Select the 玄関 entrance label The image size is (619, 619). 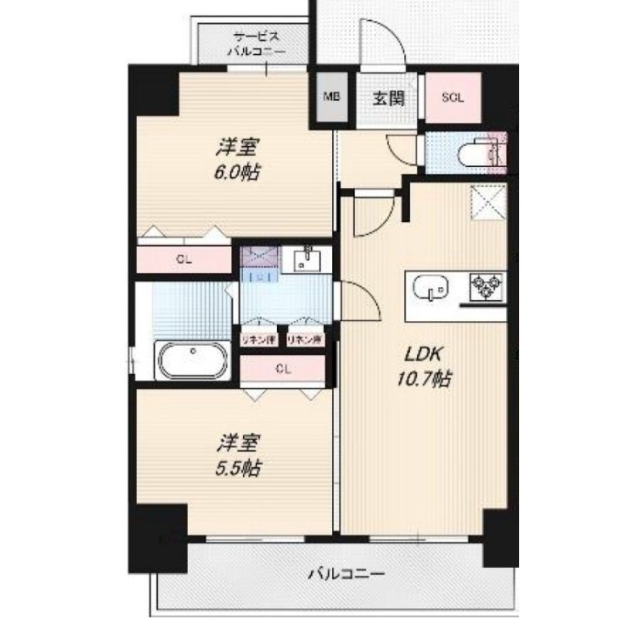pos(386,98)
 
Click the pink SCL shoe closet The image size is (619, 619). pos(453,97)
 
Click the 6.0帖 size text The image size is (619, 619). pos(237,173)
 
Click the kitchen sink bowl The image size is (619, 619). pos(429,288)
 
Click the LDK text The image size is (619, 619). pos(423,355)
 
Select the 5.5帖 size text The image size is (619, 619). pos(237,467)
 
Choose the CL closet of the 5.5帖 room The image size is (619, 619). pos(282,369)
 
